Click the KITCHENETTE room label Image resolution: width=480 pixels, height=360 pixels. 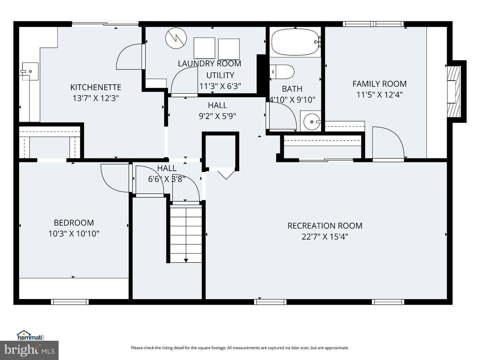96,87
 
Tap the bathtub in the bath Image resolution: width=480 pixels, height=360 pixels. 295,42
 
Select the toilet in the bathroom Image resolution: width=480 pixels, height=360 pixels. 282,72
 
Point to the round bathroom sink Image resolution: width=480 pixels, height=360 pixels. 311,122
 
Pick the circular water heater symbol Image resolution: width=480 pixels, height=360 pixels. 176,38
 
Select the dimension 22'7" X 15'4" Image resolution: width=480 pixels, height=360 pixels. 325,237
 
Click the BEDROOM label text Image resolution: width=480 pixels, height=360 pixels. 74,223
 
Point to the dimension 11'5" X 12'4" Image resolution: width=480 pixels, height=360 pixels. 379,95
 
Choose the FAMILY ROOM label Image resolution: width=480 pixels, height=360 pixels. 379,84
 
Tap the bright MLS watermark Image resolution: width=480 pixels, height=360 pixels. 29,350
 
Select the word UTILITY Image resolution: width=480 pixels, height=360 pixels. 220,75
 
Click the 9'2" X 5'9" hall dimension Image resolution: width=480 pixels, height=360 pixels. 217,116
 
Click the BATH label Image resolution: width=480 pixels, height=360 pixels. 292,89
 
